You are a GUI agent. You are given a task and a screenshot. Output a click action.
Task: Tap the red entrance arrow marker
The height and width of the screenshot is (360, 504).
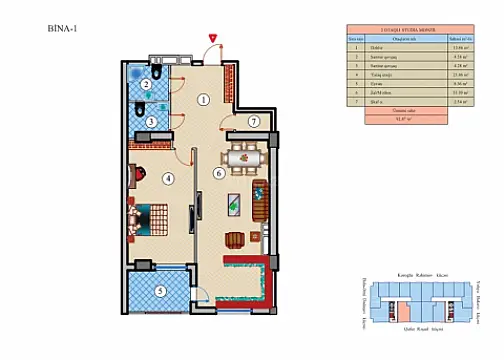(212, 38)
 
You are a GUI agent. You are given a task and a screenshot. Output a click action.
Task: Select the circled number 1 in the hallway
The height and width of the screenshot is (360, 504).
(203, 99)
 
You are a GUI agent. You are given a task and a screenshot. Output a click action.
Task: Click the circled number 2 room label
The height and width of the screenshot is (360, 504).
(147, 84)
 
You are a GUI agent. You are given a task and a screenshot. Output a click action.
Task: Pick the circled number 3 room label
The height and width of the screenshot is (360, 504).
(151, 122)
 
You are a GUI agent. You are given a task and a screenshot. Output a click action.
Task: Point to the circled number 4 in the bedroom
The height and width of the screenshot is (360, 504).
(167, 179)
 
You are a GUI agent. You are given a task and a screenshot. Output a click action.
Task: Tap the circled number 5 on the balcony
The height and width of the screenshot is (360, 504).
(160, 292)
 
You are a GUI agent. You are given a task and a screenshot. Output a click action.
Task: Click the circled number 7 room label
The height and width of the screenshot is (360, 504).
(253, 121)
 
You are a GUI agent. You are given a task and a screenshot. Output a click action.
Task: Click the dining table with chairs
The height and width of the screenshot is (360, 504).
(244, 157)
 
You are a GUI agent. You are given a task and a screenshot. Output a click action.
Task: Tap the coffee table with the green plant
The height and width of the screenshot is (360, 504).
(233, 203)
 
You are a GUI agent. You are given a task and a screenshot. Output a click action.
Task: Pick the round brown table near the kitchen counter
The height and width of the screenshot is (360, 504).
(235, 239)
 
